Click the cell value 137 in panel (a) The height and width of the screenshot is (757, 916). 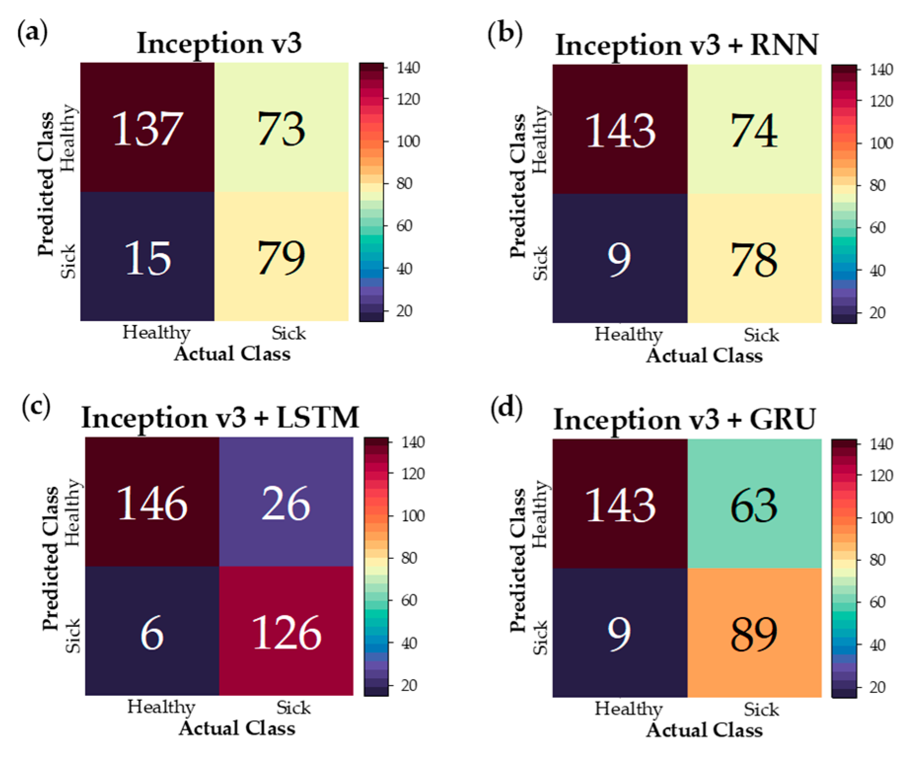(x=147, y=129)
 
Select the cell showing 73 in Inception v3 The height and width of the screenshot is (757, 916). (x=282, y=129)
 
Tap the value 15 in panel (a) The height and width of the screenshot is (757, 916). (x=147, y=258)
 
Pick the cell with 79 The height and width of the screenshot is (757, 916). (x=282, y=258)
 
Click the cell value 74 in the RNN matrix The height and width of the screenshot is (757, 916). (x=754, y=131)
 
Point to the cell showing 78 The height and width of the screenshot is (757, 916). (x=754, y=260)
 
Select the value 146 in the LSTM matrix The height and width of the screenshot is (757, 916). (x=152, y=504)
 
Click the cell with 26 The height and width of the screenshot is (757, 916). (x=286, y=504)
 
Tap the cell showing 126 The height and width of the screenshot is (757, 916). (x=286, y=633)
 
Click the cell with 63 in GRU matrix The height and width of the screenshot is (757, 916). (x=754, y=505)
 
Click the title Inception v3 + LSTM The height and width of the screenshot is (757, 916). (x=220, y=418)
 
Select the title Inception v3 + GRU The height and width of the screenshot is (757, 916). (x=684, y=420)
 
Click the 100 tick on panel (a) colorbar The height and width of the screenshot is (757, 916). (x=408, y=142)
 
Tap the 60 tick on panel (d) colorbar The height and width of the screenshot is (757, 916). (x=877, y=602)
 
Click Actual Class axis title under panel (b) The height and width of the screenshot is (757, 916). (x=704, y=356)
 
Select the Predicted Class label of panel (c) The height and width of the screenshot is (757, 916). (x=50, y=559)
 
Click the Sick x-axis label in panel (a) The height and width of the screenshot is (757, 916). (x=288, y=333)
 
